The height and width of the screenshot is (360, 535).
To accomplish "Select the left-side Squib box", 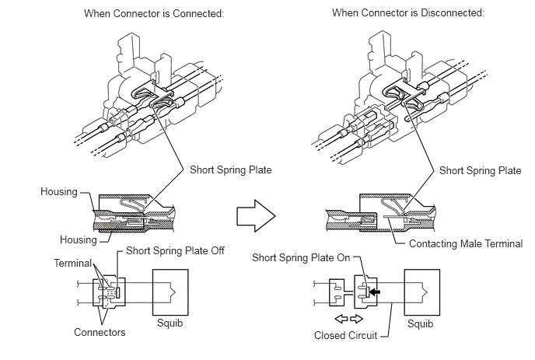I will (170, 290).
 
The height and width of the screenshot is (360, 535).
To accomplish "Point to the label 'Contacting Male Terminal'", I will (465, 244).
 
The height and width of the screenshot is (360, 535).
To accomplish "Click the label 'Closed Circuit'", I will (345, 337).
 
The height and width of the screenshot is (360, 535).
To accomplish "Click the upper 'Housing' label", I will (56, 191).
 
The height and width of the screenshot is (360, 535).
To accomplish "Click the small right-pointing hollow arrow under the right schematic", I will (357, 320).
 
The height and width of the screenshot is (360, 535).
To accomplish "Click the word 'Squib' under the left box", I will (170, 323).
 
